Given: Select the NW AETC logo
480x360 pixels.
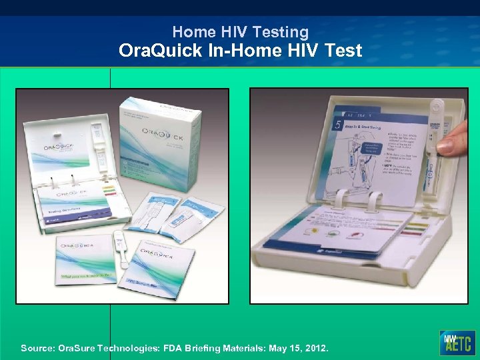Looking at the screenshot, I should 457,342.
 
